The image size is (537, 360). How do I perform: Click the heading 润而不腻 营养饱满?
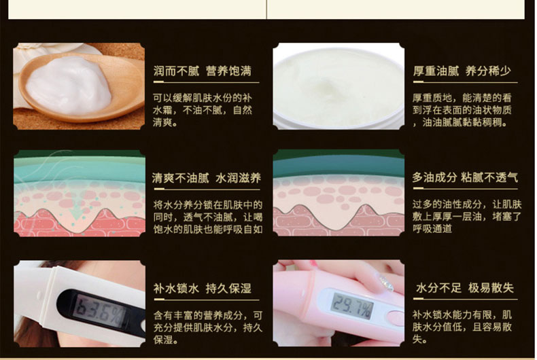click(x=202, y=71)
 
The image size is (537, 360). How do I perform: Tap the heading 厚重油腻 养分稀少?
click(x=462, y=71)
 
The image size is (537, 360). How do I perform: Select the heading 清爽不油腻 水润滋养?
click(x=206, y=178)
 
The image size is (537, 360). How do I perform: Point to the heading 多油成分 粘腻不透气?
click(x=465, y=177)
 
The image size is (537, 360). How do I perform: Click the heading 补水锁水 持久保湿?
click(x=202, y=288)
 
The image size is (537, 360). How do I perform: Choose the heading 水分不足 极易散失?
click(x=465, y=288)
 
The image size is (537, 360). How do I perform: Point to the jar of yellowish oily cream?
click(x=339, y=86)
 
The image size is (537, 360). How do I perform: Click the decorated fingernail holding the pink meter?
click(x=386, y=283)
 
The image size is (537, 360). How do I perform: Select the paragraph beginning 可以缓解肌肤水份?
click(x=203, y=110)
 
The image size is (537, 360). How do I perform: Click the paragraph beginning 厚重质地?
click(x=462, y=110)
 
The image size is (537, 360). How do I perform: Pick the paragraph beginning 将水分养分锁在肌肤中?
click(x=208, y=217)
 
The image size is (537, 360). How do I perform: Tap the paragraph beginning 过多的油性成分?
click(x=467, y=216)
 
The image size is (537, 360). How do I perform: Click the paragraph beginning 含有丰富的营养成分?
click(x=208, y=327)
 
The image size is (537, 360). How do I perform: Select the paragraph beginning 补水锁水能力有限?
click(x=462, y=327)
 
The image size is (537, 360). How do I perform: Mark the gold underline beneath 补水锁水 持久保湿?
click(x=207, y=300)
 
